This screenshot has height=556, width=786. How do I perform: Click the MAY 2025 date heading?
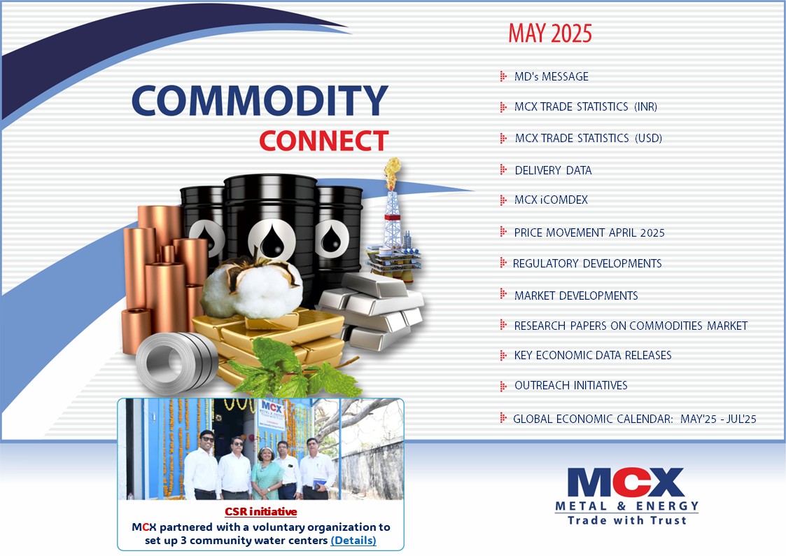pyautogui.click(x=549, y=33)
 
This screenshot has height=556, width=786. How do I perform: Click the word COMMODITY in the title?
pyautogui.click(x=260, y=102)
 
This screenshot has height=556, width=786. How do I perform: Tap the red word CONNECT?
pyautogui.click(x=323, y=141)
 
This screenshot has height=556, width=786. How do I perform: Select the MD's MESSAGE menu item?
pyautogui.click(x=551, y=76)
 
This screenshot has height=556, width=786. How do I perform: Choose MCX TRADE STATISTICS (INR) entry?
pyautogui.click(x=585, y=107)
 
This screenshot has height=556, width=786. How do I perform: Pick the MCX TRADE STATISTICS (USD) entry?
pyautogui.click(x=588, y=138)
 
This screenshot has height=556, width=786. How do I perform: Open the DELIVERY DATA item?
pyautogui.click(x=553, y=170)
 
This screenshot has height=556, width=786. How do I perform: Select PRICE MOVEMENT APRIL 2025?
pyautogui.click(x=589, y=232)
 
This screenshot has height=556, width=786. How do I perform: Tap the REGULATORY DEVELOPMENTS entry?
pyautogui.click(x=587, y=263)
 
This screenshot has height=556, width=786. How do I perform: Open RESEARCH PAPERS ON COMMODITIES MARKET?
pyautogui.click(x=630, y=326)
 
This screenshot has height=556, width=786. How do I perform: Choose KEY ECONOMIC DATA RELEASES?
pyautogui.click(x=592, y=355)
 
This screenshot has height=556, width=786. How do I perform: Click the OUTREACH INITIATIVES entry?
pyautogui.click(x=570, y=386)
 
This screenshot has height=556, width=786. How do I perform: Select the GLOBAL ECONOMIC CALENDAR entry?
pyautogui.click(x=634, y=419)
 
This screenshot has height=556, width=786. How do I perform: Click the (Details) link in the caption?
pyautogui.click(x=353, y=541)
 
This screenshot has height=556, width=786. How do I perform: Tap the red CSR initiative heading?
pyautogui.click(x=260, y=512)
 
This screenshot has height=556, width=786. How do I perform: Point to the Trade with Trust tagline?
pyautogui.click(x=626, y=520)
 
